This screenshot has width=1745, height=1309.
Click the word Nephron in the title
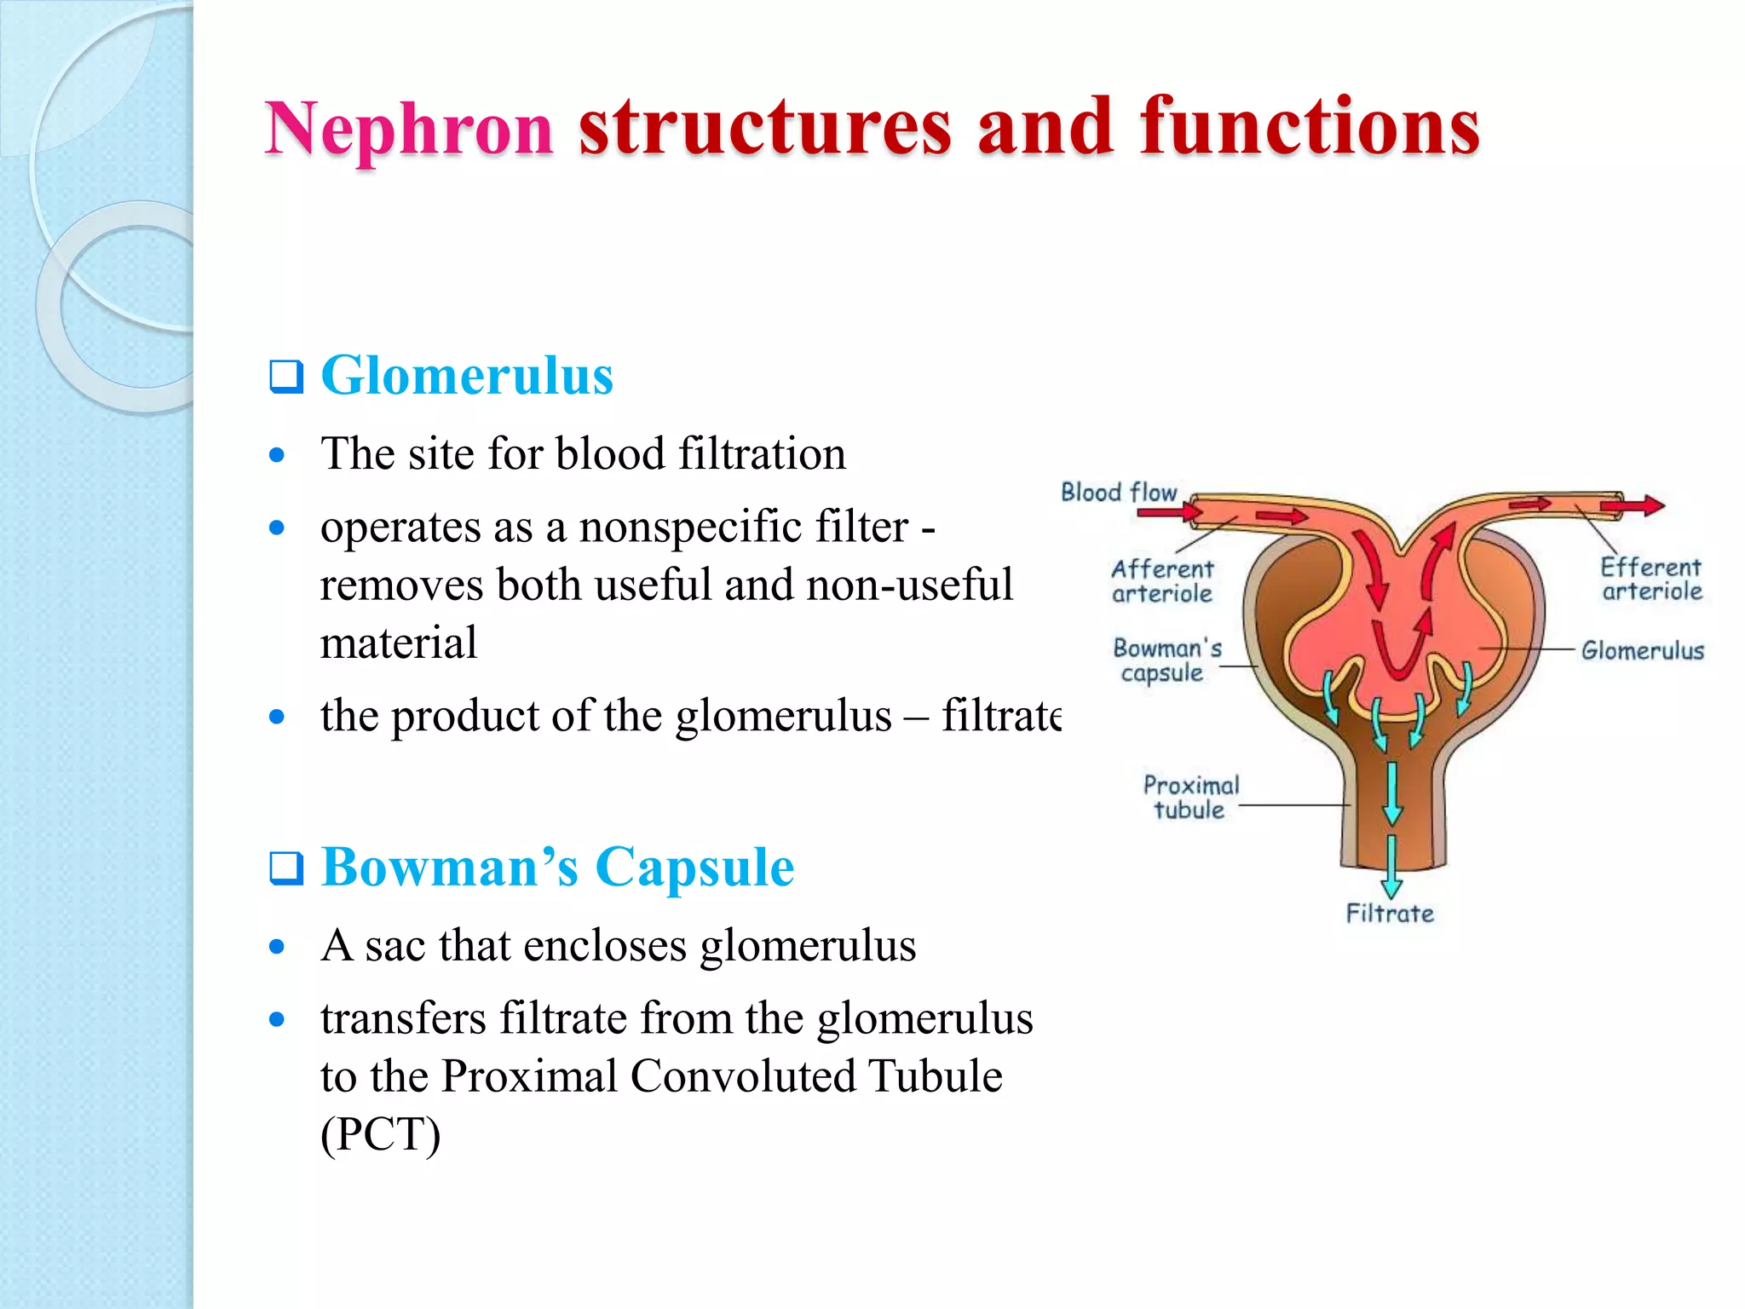tap(409, 130)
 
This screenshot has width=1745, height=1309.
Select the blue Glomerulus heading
tap(467, 376)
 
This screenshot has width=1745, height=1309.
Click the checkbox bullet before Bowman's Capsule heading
tap(286, 868)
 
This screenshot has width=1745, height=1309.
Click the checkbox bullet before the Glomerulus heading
tap(286, 377)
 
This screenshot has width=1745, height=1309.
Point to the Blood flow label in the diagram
tap(1118, 493)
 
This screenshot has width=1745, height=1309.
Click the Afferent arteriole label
tap(1162, 581)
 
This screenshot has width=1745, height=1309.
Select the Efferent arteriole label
tap(1650, 580)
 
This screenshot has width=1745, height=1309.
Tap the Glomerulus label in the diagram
tap(1642, 651)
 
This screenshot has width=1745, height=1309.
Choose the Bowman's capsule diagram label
tap(1166, 660)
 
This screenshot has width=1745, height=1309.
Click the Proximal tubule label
tap(1190, 798)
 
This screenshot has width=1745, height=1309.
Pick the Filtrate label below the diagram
tap(1390, 914)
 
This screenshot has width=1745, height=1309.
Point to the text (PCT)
tap(380, 1134)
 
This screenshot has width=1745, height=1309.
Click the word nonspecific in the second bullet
tap(744, 527)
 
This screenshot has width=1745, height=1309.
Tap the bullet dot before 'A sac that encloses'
tap(276, 946)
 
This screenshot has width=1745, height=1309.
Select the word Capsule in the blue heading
tap(694, 868)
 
